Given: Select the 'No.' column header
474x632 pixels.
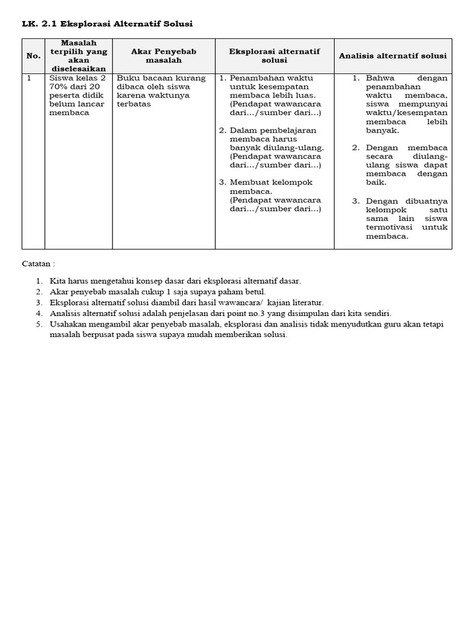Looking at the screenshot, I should point(33,56).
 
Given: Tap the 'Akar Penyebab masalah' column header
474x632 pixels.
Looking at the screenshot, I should point(164,56).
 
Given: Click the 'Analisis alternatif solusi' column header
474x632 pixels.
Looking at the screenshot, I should point(393,56).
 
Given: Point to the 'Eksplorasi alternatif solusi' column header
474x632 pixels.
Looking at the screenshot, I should point(274,56).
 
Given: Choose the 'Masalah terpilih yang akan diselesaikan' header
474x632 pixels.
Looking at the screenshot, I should point(78,56).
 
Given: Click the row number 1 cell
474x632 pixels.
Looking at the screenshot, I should point(29,78).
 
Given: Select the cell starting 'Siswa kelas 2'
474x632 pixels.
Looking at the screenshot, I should point(78,96).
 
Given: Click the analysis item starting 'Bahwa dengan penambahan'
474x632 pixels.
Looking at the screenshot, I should point(406,104).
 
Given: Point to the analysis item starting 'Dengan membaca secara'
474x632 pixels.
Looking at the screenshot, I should point(406,165).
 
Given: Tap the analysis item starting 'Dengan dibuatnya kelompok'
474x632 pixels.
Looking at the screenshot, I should point(406,218).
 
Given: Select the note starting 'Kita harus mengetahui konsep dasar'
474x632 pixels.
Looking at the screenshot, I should point(175,281).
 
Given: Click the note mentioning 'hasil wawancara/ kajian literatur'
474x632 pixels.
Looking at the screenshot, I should point(186,302).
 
